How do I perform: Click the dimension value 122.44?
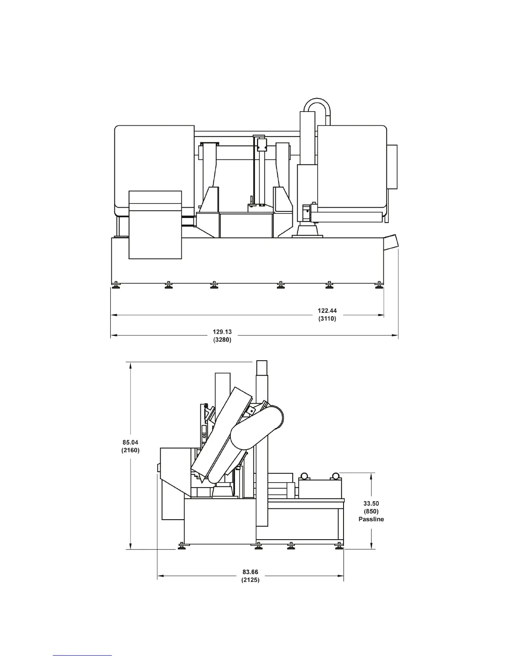coord(327,310)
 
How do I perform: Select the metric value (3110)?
coord(327,318)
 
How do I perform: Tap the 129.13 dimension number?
coord(222,332)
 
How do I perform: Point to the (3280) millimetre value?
coord(222,339)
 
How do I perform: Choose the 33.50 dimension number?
coord(371,503)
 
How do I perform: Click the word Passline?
coord(371,519)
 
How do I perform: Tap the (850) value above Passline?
coord(371,511)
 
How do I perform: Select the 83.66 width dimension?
coord(250,572)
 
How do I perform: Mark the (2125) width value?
coord(250,580)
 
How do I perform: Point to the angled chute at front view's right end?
coord(391,242)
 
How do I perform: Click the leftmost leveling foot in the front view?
coord(116,285)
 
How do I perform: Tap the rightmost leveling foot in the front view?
coord(378,285)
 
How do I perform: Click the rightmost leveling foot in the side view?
coord(339,545)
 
